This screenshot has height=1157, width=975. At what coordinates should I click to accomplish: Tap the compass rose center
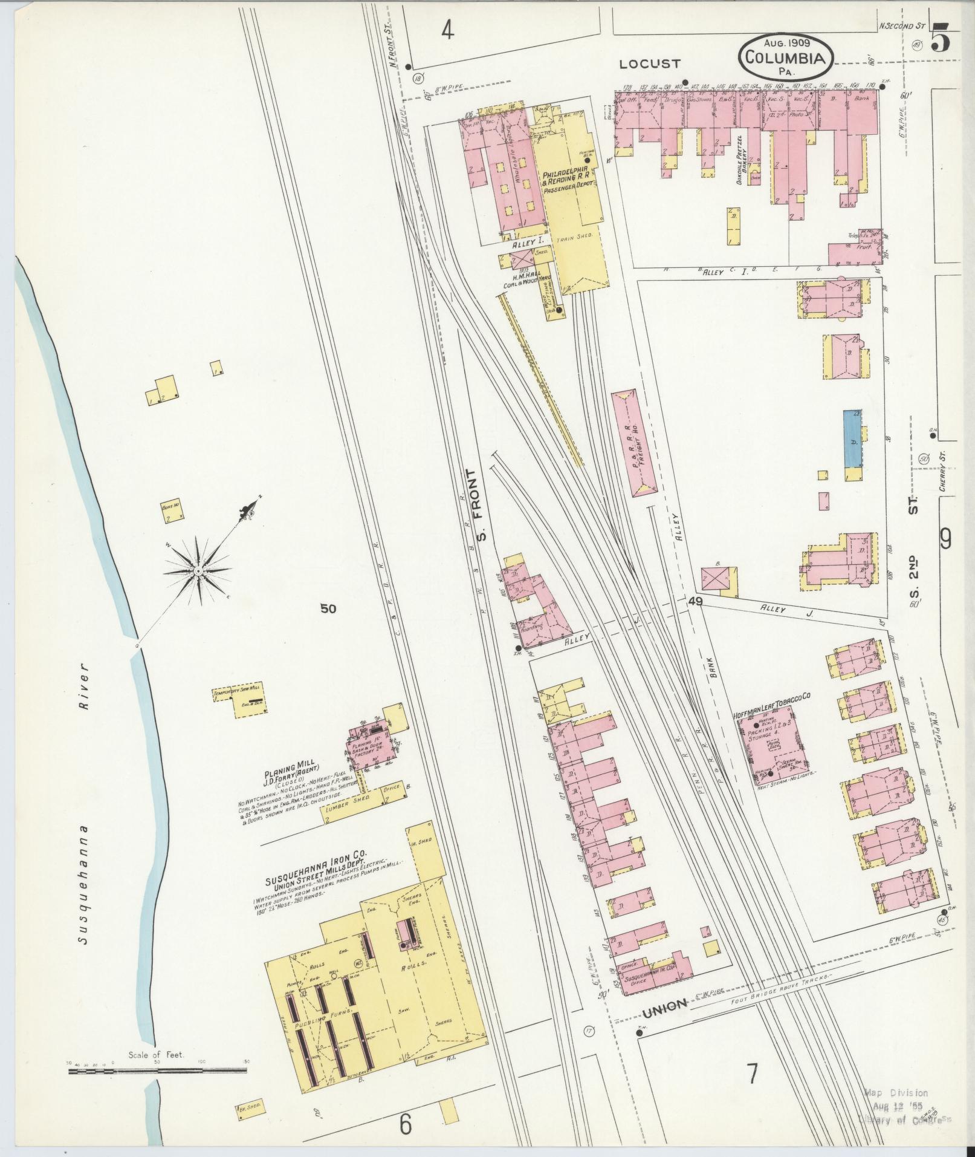[198, 570]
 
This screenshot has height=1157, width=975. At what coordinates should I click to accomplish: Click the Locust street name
[650, 64]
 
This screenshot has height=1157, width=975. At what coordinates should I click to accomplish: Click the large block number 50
[328, 609]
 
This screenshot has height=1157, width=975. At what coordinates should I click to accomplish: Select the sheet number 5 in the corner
[941, 40]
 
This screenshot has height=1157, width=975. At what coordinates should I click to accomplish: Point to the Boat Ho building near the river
[171, 512]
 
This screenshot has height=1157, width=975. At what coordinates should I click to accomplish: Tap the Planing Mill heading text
[285, 774]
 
